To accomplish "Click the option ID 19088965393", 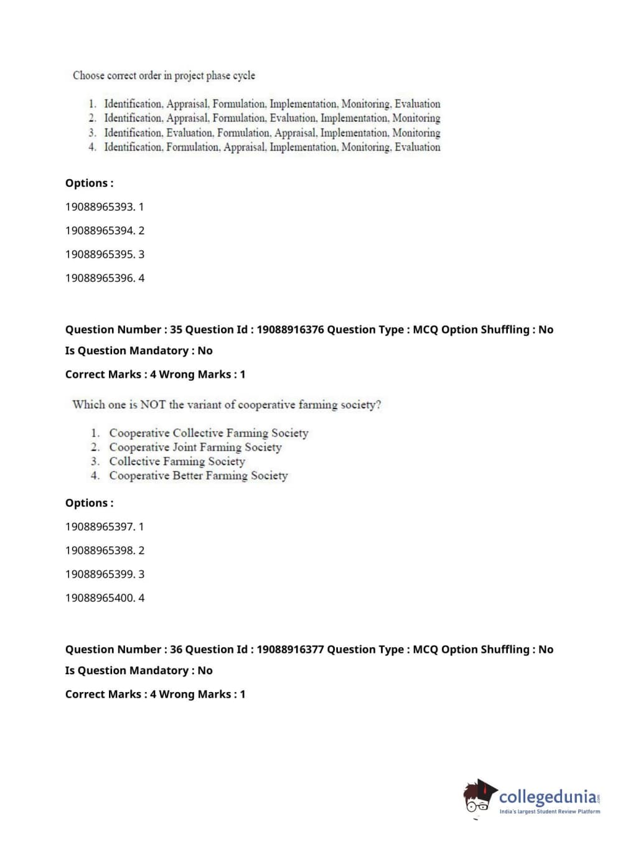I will (100, 207).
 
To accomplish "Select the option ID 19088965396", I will (100, 278).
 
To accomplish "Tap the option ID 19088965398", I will (100, 550).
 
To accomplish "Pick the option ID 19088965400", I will (100, 598).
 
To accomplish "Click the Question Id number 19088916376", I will (290, 330).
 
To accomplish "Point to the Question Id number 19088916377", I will (290, 650).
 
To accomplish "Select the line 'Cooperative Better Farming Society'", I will (198, 476).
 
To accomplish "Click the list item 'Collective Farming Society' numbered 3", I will (177, 462).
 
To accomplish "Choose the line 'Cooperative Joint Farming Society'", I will (195, 448).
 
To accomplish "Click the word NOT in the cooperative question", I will (153, 405).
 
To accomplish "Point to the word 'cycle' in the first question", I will (244, 75).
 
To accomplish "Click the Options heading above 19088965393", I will (89, 183).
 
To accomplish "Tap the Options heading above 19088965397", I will (89, 503).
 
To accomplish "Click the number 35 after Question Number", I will (176, 330).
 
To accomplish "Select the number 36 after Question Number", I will (176, 650).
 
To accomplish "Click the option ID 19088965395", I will (100, 255).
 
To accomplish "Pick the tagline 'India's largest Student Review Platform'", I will (550, 812).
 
